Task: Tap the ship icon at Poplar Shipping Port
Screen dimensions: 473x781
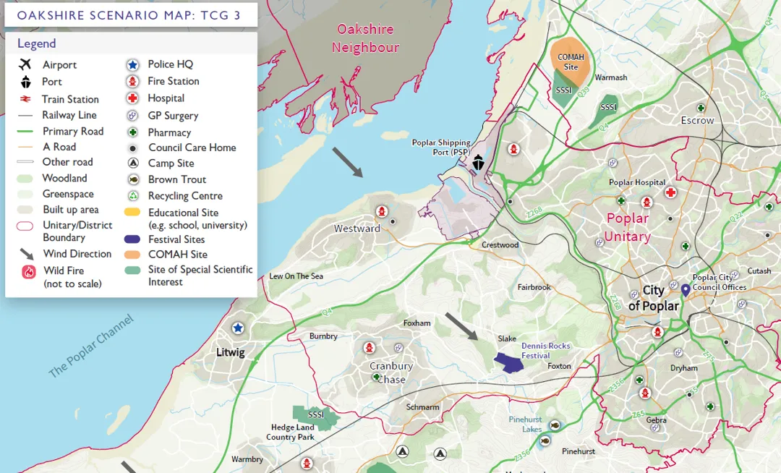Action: pyautogui.click(x=478, y=162)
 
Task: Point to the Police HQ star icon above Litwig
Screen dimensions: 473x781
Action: pyautogui.click(x=237, y=328)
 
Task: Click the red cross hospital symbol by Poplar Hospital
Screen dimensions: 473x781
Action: pyautogui.click(x=670, y=192)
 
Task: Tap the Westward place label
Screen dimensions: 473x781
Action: pyautogui.click(x=357, y=229)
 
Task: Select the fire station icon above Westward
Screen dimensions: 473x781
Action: pyautogui.click(x=380, y=211)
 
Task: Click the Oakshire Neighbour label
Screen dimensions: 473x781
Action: pyautogui.click(x=365, y=38)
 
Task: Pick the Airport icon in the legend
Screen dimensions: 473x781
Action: pyautogui.click(x=26, y=64)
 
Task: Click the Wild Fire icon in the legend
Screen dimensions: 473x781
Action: pyautogui.click(x=29, y=272)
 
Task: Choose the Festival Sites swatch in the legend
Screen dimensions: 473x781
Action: pyautogui.click(x=132, y=239)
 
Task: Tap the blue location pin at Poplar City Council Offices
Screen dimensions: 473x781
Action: pyautogui.click(x=685, y=290)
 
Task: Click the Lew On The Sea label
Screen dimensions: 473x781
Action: pyautogui.click(x=296, y=276)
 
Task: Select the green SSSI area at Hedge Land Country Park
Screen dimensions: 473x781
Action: pyautogui.click(x=315, y=417)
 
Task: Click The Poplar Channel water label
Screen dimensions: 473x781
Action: pyautogui.click(x=91, y=346)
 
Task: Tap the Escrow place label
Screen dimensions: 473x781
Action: pyautogui.click(x=697, y=121)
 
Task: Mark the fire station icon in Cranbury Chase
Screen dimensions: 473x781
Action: pyautogui.click(x=370, y=348)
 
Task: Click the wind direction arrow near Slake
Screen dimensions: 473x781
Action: pyautogui.click(x=461, y=326)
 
